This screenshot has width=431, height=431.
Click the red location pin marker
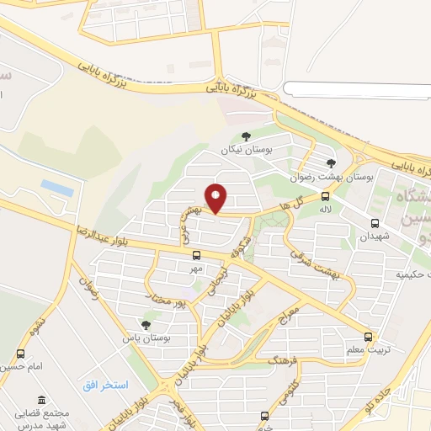pos(216,198)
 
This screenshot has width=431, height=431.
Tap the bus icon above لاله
pos(325,195)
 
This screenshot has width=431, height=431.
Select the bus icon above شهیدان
pos(375,223)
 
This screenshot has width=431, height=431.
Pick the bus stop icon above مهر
pos(196,255)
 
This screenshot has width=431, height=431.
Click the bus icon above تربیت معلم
pos(368,337)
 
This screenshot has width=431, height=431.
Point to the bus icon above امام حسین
pos(20,354)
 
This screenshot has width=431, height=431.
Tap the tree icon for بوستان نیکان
pos(246,136)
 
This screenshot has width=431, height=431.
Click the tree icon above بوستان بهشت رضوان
pos(332,163)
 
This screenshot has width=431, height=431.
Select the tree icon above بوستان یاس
pos(146,324)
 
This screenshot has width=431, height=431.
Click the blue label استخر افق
pos(104,385)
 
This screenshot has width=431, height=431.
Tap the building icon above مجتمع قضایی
pos(40,401)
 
